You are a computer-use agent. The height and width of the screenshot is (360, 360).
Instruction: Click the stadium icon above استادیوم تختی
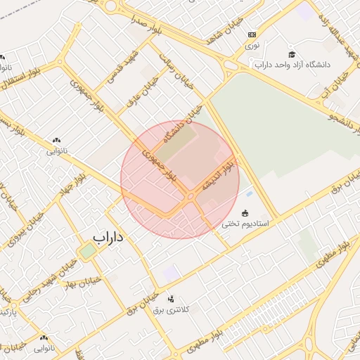(x=245, y=213)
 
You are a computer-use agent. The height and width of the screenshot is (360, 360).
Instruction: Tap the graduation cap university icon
(x=291, y=54)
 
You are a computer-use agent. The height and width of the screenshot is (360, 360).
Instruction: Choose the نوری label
(x=252, y=44)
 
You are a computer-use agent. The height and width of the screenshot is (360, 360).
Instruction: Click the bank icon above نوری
(x=252, y=34)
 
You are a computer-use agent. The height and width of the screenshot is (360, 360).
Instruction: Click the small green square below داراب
(x=87, y=251)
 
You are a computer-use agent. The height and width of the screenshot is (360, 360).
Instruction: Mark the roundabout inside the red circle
(x=191, y=198)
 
